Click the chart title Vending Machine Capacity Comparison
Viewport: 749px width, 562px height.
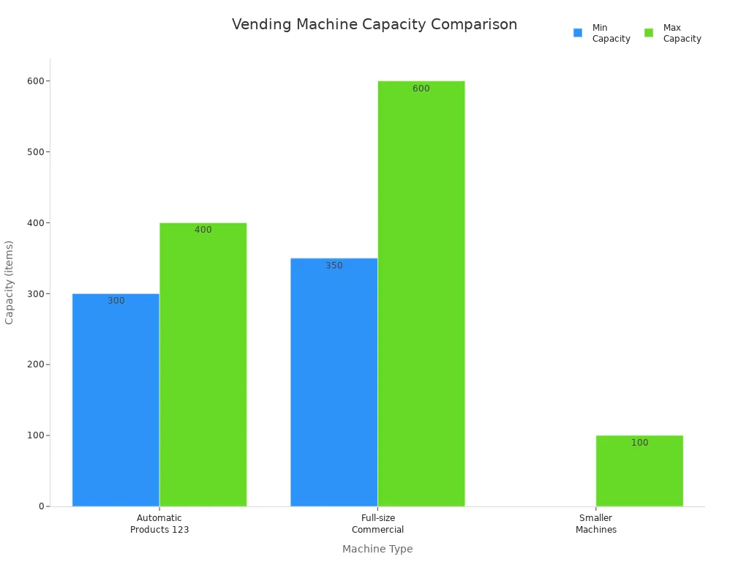[x=374, y=25]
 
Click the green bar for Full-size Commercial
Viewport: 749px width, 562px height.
[x=421, y=293]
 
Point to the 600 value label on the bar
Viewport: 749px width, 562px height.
[x=421, y=89]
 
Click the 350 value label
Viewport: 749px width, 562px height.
[x=334, y=266]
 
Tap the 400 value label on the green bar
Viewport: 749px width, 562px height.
[x=203, y=230]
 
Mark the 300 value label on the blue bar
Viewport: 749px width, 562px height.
[x=116, y=301]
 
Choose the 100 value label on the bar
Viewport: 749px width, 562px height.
[x=639, y=443]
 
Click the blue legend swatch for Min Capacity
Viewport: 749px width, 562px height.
[x=578, y=33]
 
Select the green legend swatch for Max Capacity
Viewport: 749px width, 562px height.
[x=649, y=33]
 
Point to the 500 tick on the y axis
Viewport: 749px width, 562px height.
[x=33, y=152]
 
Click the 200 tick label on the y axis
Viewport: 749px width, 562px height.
[x=33, y=364]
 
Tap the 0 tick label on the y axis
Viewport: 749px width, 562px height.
[x=42, y=506]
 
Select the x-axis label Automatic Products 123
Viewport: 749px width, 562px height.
[x=159, y=524]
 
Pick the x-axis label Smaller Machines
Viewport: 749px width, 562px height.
[x=595, y=524]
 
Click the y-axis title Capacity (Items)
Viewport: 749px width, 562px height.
[x=10, y=282]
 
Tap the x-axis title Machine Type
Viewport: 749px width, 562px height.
[x=377, y=549]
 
